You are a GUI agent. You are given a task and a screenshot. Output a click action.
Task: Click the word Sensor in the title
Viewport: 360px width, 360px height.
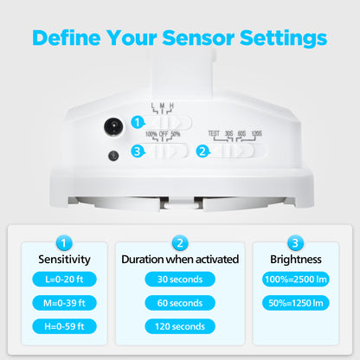(198, 38)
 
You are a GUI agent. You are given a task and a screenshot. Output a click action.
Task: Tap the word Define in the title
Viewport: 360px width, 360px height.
(67, 38)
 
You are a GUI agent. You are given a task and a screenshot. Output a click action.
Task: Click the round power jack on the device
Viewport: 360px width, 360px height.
(113, 126)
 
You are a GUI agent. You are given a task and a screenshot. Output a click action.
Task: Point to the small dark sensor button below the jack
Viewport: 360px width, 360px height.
(113, 156)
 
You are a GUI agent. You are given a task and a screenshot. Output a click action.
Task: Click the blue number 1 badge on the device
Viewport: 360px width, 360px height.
(138, 122)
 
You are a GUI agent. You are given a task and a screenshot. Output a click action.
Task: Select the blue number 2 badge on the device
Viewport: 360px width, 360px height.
(202, 151)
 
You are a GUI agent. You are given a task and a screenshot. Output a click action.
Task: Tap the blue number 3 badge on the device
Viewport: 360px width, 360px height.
(138, 151)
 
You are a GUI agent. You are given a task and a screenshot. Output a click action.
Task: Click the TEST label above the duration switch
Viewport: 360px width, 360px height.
(214, 133)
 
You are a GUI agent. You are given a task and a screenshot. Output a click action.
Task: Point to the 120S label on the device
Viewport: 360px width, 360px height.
(257, 133)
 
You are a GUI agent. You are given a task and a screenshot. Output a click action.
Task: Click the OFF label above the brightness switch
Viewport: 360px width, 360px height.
(164, 134)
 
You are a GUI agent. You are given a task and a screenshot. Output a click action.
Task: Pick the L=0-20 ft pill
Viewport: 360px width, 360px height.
(64, 280)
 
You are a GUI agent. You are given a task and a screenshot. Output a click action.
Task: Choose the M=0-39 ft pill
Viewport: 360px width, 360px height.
(64, 303)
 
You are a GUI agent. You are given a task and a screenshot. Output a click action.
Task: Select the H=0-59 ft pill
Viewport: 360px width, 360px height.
(64, 326)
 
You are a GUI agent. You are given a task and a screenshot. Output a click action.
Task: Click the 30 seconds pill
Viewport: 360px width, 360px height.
(180, 280)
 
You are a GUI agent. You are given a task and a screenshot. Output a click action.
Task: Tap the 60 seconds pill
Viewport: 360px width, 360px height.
(180, 303)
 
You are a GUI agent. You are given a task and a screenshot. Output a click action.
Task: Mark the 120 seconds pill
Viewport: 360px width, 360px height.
(180, 326)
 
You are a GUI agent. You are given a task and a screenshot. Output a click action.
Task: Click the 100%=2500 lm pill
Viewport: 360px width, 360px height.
(296, 280)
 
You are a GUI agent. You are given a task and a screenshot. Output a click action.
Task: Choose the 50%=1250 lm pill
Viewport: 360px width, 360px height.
(296, 303)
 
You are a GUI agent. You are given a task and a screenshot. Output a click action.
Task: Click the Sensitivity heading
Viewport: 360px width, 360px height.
(64, 260)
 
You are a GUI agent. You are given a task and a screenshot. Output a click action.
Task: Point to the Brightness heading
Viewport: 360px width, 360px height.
(296, 260)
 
